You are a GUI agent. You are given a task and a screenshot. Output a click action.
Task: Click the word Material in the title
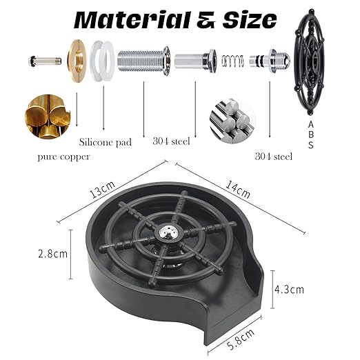coord(132,20)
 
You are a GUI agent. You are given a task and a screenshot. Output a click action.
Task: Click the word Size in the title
coord(250,20)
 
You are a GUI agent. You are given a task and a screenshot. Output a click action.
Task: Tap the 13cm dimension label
coord(102,190)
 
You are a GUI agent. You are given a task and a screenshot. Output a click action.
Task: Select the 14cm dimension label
coord(238,190)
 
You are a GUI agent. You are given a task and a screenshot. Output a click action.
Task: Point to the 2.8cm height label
coord(52,254)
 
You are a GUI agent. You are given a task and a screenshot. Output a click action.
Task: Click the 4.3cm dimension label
coord(289,290)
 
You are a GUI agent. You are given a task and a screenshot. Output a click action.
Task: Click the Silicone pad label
coord(106,142)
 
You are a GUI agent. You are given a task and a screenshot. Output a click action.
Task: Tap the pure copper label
coord(63,157)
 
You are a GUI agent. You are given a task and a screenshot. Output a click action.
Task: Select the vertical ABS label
coord(310,135)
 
